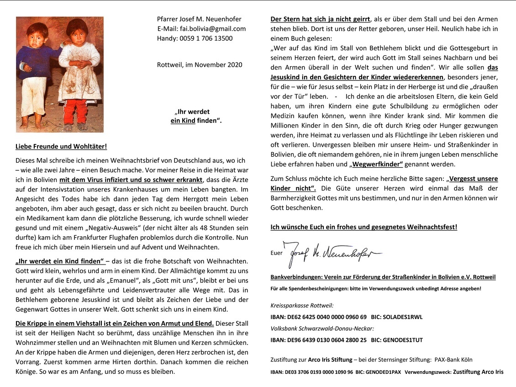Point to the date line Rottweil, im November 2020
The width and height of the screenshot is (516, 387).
coord(200,65)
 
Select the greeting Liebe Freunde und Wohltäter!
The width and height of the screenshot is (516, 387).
coord(61,147)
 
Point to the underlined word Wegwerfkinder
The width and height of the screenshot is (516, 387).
coord(376,164)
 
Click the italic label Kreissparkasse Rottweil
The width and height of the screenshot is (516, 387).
coord(302,305)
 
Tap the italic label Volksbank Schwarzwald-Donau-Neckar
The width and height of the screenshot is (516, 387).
coord(322,328)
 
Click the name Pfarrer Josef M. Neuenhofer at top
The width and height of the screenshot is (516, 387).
coord(199,19)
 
